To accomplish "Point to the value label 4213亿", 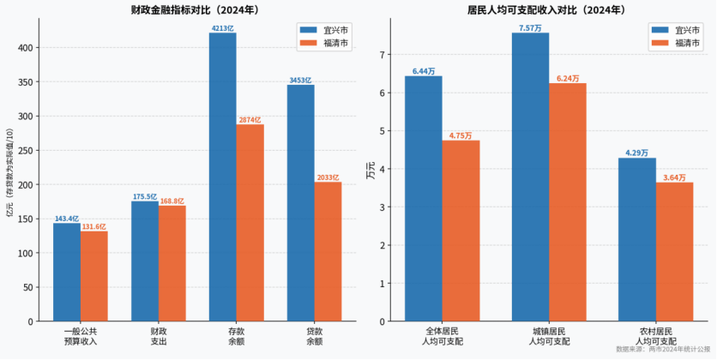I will click(222, 28).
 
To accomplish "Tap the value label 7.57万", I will click(530, 28).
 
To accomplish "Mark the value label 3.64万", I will click(675, 177).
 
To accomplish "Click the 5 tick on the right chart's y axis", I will click(382, 131).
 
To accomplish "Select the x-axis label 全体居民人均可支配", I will click(442, 335).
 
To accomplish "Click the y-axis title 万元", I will click(371, 170).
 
